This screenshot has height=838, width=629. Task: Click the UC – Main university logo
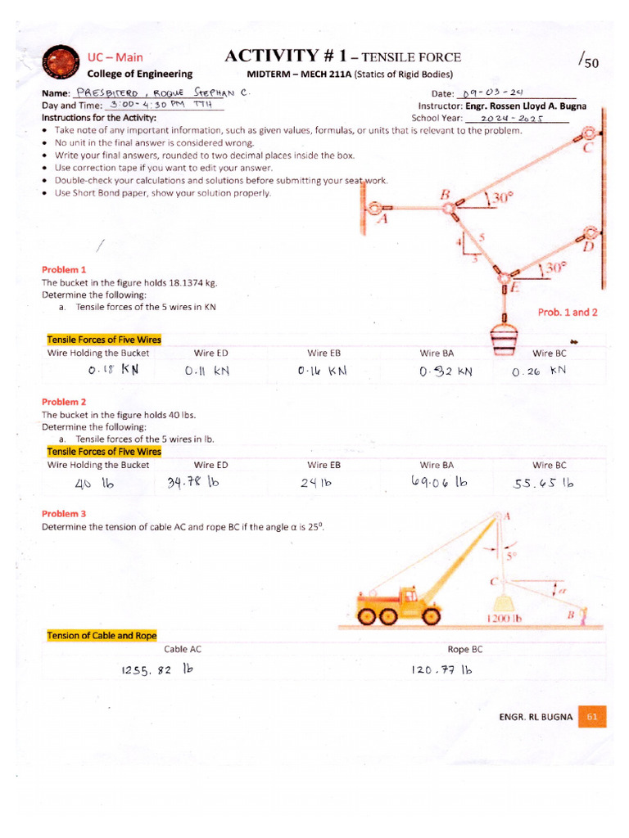click(60, 64)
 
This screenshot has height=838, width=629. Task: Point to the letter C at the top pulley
click(587, 148)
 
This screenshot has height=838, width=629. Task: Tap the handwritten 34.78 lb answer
click(194, 482)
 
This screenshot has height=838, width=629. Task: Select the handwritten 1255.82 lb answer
click(156, 669)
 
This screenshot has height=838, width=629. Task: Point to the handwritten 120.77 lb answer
click(443, 669)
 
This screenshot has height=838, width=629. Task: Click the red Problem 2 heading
click(64, 402)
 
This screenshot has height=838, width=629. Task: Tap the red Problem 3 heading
click(64, 514)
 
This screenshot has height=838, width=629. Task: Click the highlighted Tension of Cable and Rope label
click(102, 635)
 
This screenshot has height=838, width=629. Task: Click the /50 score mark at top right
click(587, 61)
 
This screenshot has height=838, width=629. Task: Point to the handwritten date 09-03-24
click(491, 93)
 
